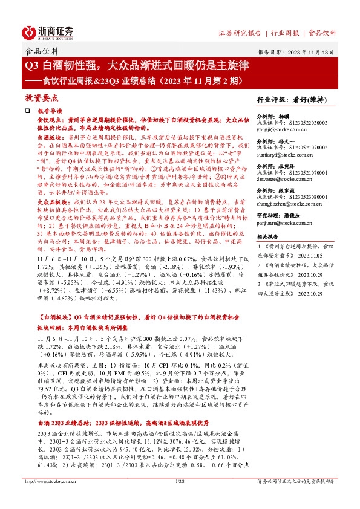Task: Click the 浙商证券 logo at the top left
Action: [x=49, y=31]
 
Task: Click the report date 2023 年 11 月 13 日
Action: [x=311, y=52]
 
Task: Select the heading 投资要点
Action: [x=41, y=97]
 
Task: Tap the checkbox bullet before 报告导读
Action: [x=27, y=112]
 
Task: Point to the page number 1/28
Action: [x=179, y=498]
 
